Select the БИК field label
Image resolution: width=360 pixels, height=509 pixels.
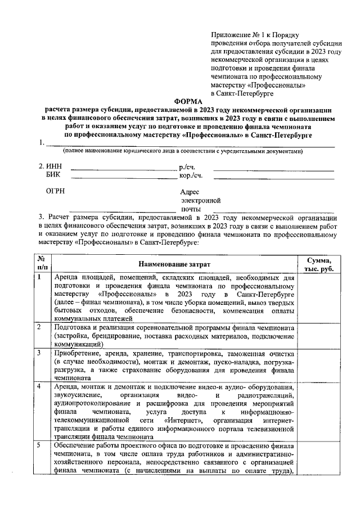point(52,175)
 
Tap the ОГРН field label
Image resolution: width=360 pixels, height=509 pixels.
point(55,191)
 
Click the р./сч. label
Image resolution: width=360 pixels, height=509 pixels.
point(187,168)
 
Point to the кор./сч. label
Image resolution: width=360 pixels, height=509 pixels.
point(190,175)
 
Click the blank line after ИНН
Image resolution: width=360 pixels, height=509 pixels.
point(122,169)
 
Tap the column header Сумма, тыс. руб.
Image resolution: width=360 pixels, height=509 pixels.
point(318,263)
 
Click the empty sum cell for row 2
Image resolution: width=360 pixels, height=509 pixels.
point(318,335)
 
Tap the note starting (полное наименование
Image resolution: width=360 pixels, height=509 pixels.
point(183,151)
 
